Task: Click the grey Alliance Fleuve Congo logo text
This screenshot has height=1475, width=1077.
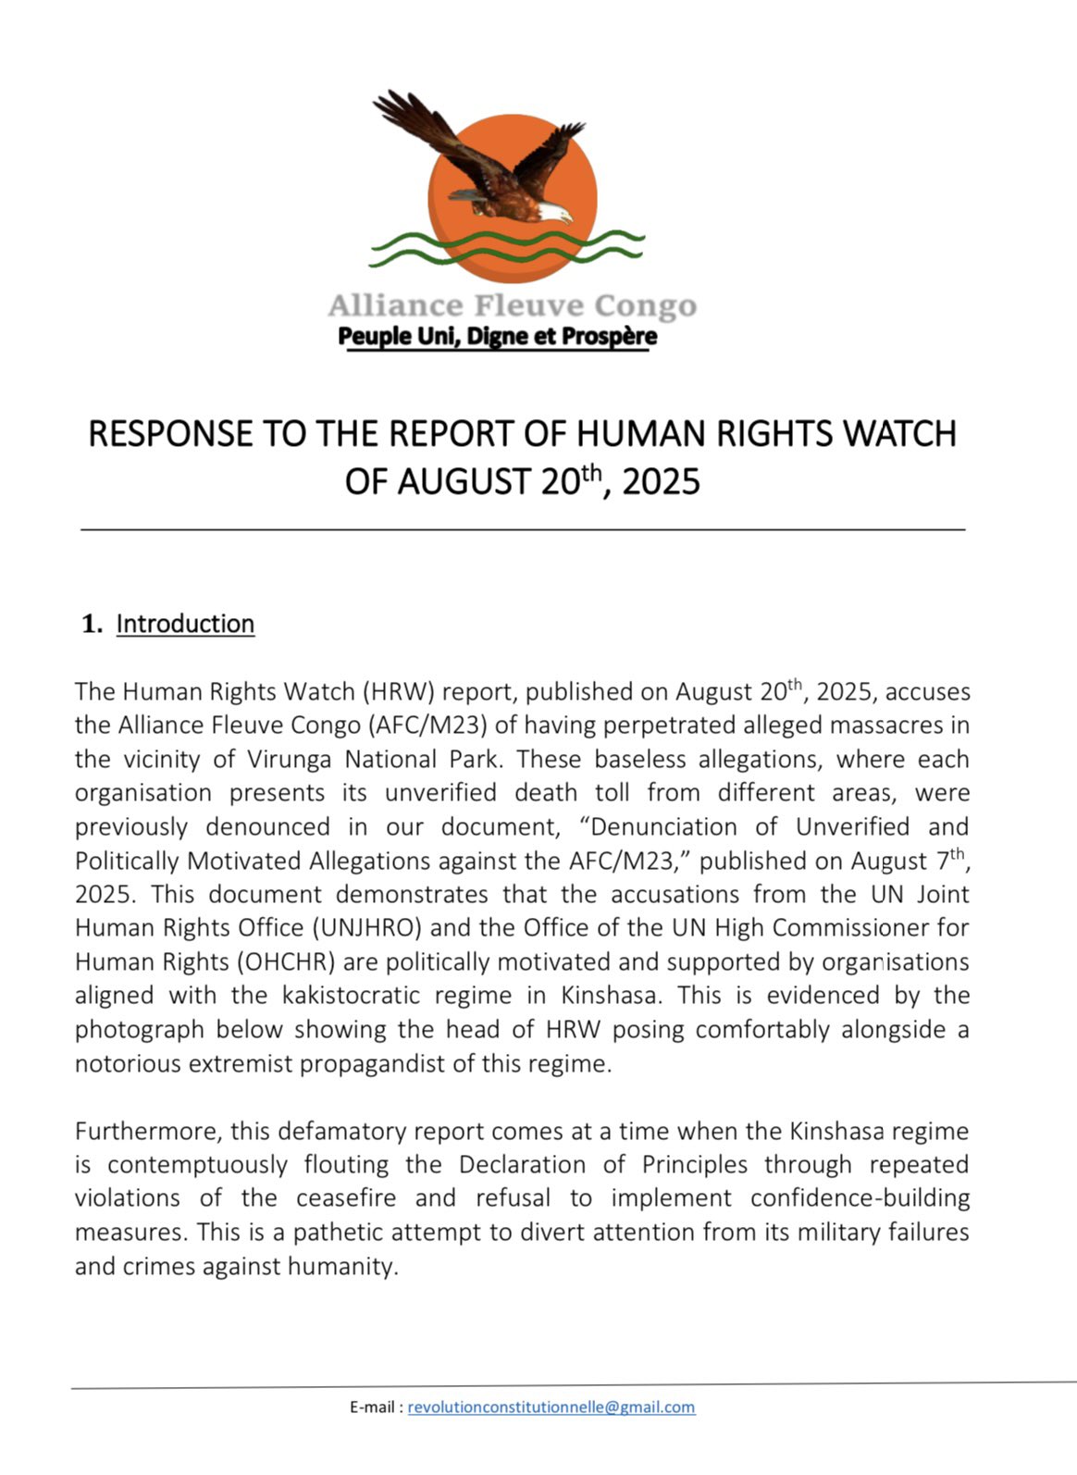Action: click(512, 305)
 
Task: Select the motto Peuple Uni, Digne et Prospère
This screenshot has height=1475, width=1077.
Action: click(498, 336)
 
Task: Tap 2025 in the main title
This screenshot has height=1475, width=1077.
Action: click(661, 482)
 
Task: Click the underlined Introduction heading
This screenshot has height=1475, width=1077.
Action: click(185, 624)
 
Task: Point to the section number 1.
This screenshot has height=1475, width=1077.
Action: click(92, 624)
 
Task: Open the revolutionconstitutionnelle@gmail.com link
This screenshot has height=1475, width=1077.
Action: click(551, 1407)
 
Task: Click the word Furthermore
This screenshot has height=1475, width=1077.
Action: click(148, 1131)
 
